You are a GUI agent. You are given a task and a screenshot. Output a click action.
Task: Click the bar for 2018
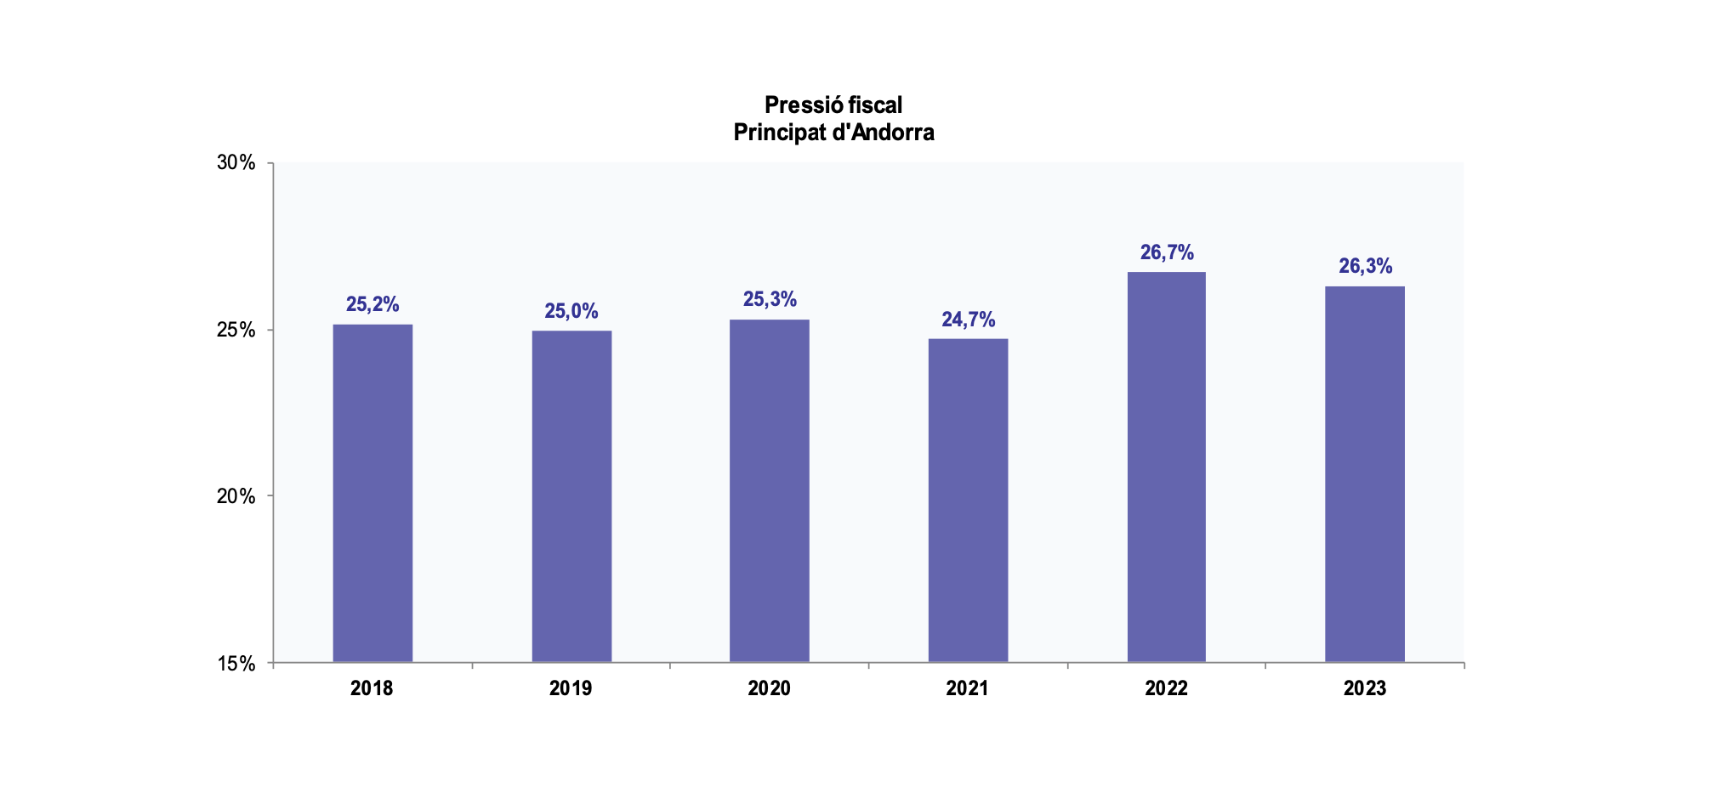pyautogui.click(x=372, y=493)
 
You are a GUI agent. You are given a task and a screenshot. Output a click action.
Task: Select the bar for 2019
pyautogui.click(x=571, y=496)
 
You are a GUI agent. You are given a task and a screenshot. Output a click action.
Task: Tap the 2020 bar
pyautogui.click(x=770, y=490)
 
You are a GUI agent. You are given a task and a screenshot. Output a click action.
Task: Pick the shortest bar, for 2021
pyautogui.click(x=968, y=501)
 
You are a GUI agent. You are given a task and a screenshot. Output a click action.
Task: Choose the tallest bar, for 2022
pyautogui.click(x=1166, y=467)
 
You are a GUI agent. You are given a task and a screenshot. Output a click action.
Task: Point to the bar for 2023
pyautogui.click(x=1365, y=474)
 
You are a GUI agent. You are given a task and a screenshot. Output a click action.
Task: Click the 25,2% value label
pyautogui.click(x=372, y=304)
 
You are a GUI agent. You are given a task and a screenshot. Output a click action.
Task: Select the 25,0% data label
pyautogui.click(x=571, y=311)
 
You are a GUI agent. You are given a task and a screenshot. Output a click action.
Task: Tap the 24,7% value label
pyautogui.click(x=968, y=320)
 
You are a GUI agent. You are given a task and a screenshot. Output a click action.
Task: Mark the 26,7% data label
pyautogui.click(x=1167, y=252)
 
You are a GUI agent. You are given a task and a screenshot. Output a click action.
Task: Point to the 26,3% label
pyautogui.click(x=1366, y=266)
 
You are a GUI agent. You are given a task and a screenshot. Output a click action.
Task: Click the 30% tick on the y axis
pyautogui.click(x=236, y=162)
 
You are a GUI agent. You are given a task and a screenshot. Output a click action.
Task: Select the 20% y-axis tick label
pyautogui.click(x=236, y=496)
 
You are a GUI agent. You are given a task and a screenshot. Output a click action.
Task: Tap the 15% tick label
pyautogui.click(x=236, y=664)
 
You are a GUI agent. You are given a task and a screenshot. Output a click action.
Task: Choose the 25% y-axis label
pyautogui.click(x=236, y=330)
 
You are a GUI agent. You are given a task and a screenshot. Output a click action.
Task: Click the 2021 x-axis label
pyautogui.click(x=968, y=688)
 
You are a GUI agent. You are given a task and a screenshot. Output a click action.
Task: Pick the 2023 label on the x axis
pyautogui.click(x=1365, y=688)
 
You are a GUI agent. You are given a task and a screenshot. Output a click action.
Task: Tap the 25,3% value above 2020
pyautogui.click(x=770, y=299)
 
